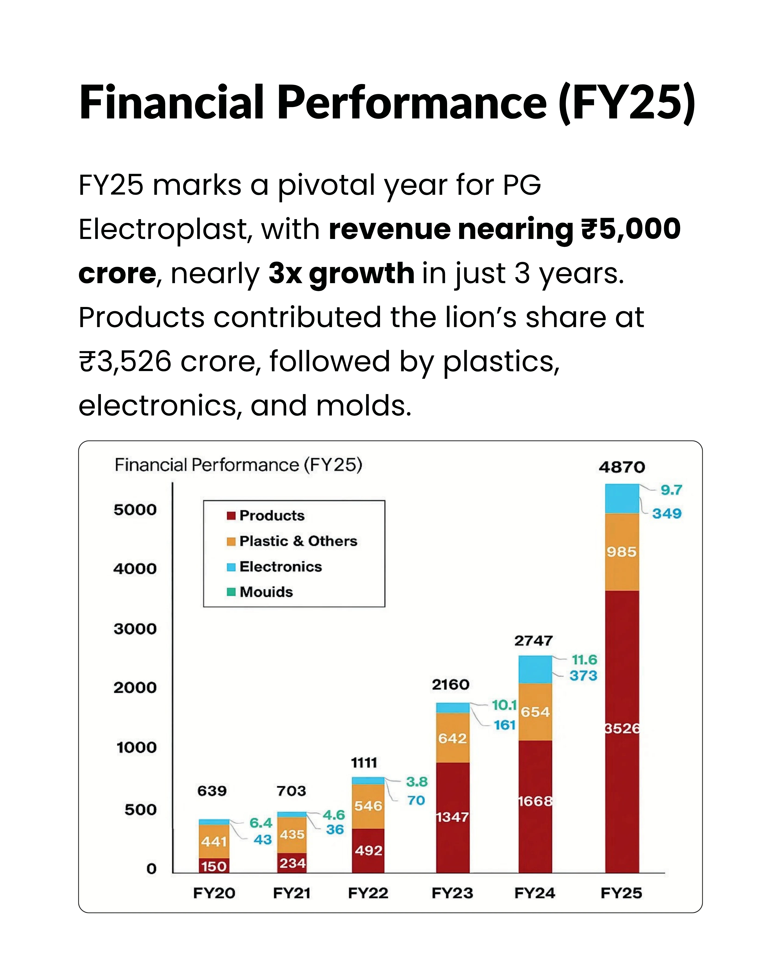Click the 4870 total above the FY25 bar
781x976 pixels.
[x=622, y=467]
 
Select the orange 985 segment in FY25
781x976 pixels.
[x=622, y=552]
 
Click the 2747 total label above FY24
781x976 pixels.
[x=533, y=641]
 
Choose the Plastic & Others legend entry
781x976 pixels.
[x=292, y=541]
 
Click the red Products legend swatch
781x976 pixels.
[x=231, y=516]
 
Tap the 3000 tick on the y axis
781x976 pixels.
[x=135, y=629]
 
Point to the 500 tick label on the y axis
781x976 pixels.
[x=140, y=809]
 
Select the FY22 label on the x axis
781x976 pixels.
[x=368, y=893]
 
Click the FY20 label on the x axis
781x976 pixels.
[x=214, y=893]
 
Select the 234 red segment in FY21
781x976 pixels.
[x=292, y=863]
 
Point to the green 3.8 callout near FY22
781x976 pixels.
[x=417, y=782]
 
